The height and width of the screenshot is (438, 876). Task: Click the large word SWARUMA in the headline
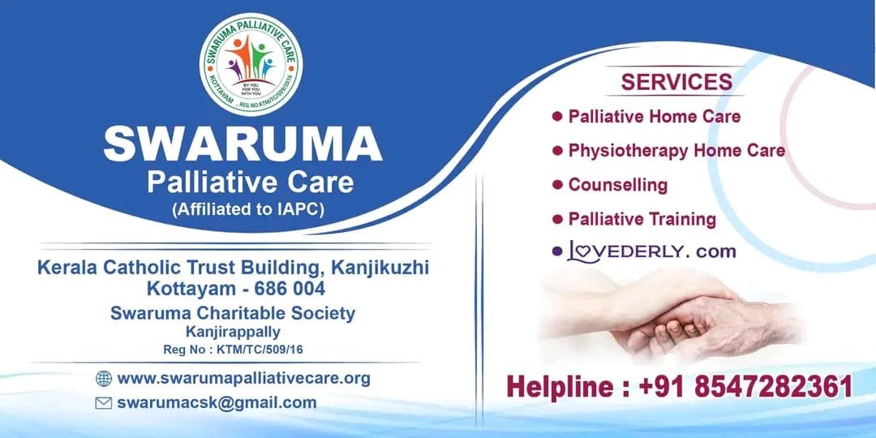pos(243,144)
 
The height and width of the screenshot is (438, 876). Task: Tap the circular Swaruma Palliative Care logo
pos(251,64)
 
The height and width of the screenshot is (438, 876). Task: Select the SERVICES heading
pos(676,82)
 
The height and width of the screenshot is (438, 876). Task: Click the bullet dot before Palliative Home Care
pos(557,116)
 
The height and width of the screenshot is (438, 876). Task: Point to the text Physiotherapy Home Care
pos(676,151)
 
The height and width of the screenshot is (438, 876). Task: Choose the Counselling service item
pos(618,185)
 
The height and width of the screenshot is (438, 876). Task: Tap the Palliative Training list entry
pos(642,219)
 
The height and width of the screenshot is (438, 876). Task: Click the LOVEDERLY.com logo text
pos(651,252)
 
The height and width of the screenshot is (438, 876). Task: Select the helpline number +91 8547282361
pos(746,387)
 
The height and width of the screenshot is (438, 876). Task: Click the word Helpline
pos(562,387)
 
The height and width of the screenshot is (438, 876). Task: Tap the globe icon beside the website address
pos(103,379)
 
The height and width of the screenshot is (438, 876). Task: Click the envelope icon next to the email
pos(103,403)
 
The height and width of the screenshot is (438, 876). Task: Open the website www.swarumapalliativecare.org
pos(243,379)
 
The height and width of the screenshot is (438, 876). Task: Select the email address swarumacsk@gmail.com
pos(217,403)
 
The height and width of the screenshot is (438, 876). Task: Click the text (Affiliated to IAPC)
pos(248,209)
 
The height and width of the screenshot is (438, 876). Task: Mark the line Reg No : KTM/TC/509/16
pos(233,350)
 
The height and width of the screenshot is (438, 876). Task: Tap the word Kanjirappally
pos(233,333)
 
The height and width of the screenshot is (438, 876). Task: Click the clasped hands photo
pos(671,316)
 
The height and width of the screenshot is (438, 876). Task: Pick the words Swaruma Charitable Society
pos(233,313)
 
